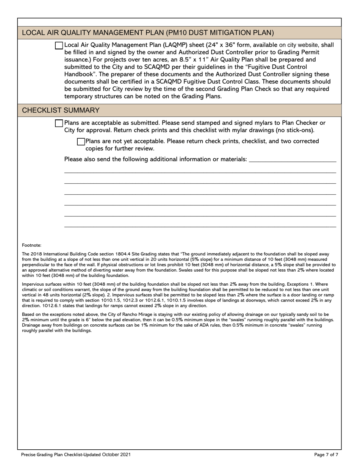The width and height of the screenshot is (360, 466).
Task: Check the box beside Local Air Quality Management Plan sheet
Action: point(59,45)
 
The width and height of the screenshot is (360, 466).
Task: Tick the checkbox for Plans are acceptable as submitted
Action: point(59,123)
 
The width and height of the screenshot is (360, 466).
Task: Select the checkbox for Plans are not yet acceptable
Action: point(81,142)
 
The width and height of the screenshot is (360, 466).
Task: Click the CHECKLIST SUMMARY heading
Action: point(61,110)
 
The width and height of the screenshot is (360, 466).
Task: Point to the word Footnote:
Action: point(31,246)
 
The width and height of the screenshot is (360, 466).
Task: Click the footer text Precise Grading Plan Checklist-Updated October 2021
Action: point(76,455)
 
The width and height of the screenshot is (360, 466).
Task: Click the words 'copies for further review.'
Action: point(120,149)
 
